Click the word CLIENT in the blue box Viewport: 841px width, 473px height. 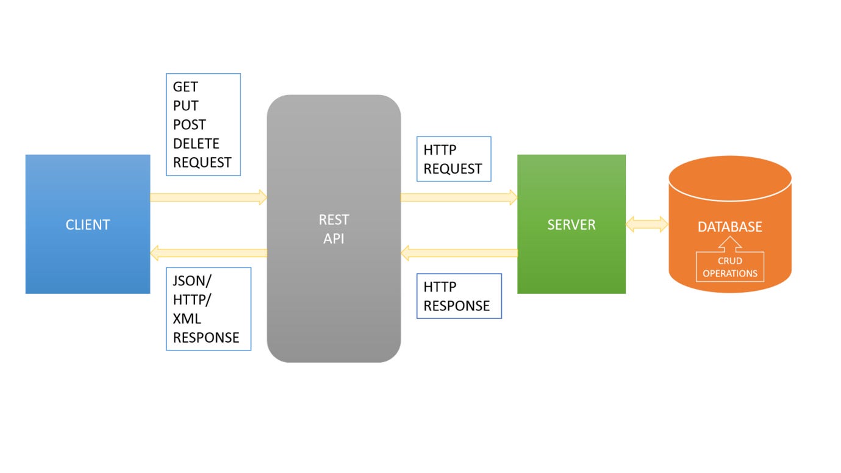pyautogui.click(x=88, y=225)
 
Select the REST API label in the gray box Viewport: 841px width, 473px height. pyautogui.click(x=334, y=229)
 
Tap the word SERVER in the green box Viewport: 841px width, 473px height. pyautogui.click(x=571, y=225)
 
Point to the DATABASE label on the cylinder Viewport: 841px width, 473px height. pyautogui.click(x=729, y=227)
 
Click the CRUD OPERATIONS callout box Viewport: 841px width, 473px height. pyautogui.click(x=729, y=267)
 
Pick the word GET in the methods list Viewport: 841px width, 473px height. pyautogui.click(x=185, y=87)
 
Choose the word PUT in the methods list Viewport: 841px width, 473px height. pyautogui.click(x=185, y=106)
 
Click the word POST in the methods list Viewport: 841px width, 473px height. pyautogui.click(x=189, y=125)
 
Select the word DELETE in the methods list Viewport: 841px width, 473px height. pyautogui.click(x=196, y=144)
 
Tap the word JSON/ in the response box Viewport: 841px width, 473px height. pyautogui.click(x=193, y=281)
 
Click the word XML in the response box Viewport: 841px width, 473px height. pyautogui.click(x=187, y=319)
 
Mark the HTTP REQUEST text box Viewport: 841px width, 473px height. pyautogui.click(x=453, y=159)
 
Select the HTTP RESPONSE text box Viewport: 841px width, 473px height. pyautogui.click(x=458, y=296)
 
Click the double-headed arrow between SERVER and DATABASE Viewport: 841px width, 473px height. pyautogui.click(x=647, y=224)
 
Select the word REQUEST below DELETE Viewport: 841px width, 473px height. pyautogui.click(x=202, y=163)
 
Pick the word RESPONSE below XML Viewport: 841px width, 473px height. pyautogui.click(x=206, y=338)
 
